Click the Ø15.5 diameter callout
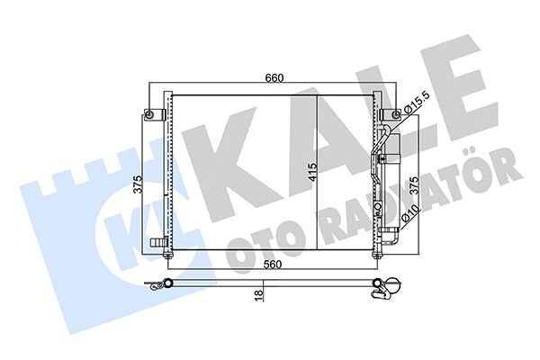coord(416,105)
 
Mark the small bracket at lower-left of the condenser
coord(158,241)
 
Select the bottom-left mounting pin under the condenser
coord(169,259)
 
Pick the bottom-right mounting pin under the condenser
coord(375,259)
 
